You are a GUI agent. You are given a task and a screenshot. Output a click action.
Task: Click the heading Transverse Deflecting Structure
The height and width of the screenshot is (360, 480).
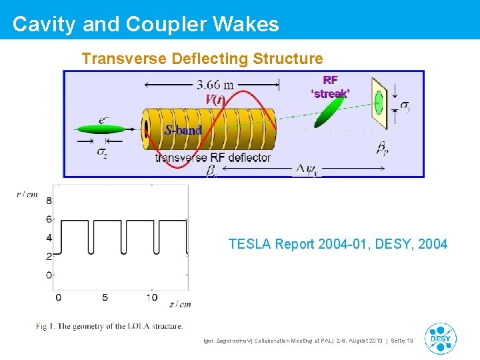click(x=202, y=59)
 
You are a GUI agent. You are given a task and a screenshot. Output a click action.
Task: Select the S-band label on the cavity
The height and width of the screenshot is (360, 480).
click(x=183, y=130)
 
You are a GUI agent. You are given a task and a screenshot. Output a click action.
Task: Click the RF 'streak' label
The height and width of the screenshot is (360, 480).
click(x=329, y=87)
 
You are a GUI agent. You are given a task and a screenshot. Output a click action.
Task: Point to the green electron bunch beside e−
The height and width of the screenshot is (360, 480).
click(x=96, y=130)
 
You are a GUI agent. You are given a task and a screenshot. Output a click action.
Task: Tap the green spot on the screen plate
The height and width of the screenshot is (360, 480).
click(x=379, y=103)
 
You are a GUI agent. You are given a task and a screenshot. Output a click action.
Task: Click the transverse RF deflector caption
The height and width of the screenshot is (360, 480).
click(x=213, y=157)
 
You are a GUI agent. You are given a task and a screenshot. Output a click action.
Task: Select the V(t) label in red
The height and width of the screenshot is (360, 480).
click(x=216, y=100)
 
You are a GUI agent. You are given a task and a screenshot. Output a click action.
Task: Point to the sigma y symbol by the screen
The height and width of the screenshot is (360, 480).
click(x=405, y=105)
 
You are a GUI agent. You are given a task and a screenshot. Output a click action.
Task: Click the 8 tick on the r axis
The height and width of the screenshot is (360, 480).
click(x=48, y=201)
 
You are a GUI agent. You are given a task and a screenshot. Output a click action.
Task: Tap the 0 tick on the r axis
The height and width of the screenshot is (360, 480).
click(x=48, y=275)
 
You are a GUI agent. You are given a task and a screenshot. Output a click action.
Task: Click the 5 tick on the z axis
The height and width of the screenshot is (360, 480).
click(x=105, y=297)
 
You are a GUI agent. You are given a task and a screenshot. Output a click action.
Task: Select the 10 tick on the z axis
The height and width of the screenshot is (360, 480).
click(x=152, y=297)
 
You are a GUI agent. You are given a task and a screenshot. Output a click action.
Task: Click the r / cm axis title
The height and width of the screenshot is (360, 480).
click(x=27, y=194)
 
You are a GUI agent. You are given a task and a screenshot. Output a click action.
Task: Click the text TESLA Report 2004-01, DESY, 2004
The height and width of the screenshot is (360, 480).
click(x=337, y=244)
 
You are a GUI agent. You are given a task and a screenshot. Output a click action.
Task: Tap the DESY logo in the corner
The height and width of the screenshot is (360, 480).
click(x=441, y=338)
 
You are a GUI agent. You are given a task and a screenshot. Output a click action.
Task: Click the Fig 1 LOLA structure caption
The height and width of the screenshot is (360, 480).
click(x=109, y=326)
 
